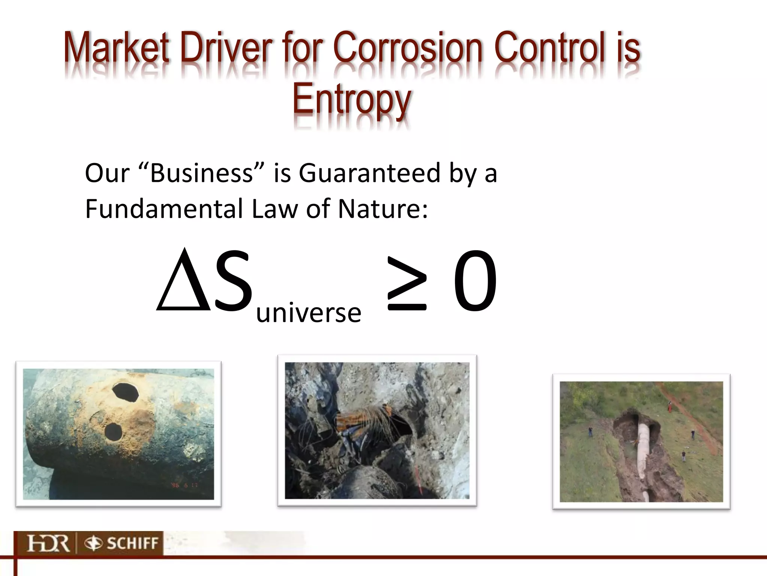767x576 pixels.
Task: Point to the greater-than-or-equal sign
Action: (x=407, y=283)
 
